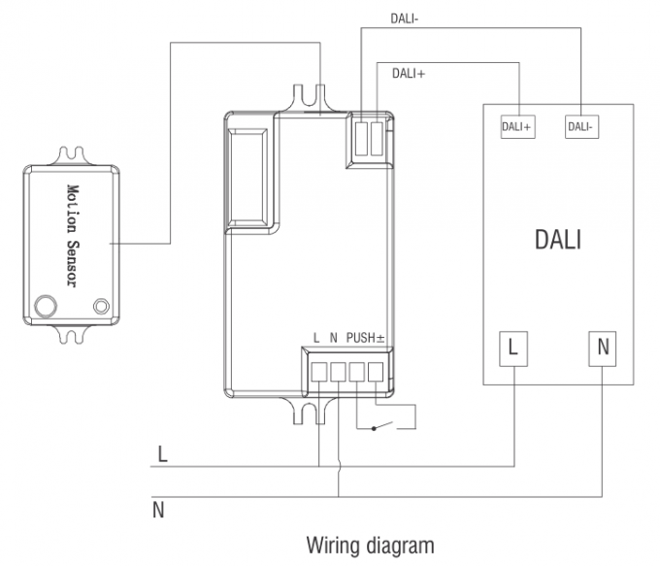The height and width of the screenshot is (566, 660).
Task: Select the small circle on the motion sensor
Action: coord(99,308)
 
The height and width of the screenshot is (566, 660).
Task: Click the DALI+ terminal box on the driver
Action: coord(516,127)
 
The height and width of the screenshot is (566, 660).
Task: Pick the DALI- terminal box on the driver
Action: coord(580,127)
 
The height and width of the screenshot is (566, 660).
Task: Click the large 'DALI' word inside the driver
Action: coord(558,240)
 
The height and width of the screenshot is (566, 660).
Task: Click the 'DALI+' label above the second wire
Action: coord(409,73)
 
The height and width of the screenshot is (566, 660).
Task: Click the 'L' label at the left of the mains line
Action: coord(162,453)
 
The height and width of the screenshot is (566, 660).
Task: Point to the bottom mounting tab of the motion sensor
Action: coord(71,336)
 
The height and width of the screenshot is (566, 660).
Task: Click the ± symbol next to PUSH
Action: coord(380,338)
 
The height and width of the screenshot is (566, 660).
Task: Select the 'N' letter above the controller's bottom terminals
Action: coord(332,338)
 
